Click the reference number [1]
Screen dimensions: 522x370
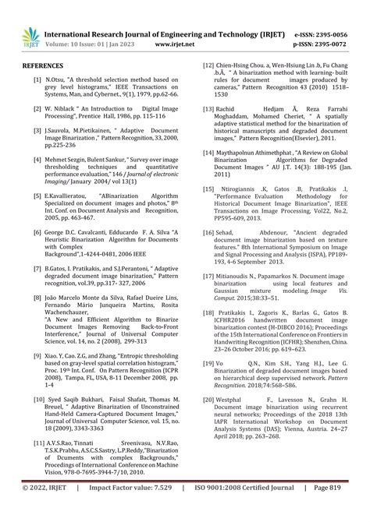coord(37,80)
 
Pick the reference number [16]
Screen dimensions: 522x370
coord(208,232)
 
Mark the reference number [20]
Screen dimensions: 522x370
coord(208,398)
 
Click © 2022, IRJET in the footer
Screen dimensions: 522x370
coord(43,509)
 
